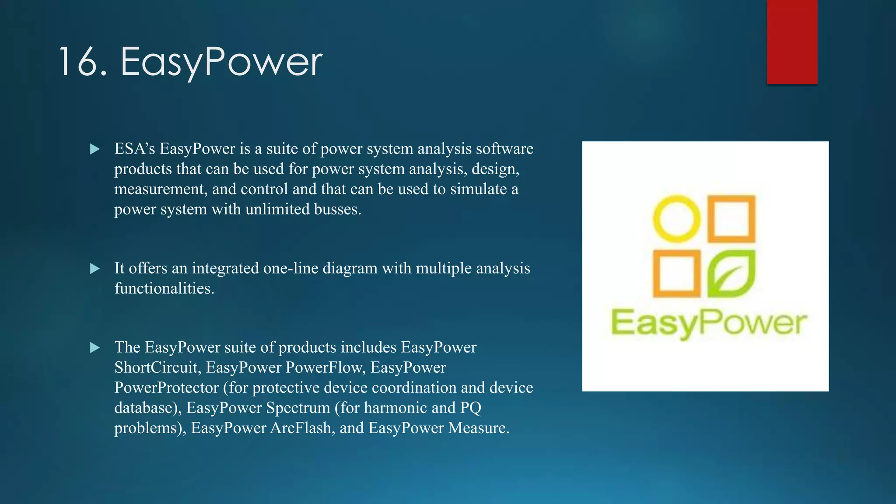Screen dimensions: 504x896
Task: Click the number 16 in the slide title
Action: pos(82,63)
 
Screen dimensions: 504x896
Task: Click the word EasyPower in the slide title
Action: pos(221,63)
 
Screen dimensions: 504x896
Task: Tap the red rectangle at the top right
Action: pos(792,42)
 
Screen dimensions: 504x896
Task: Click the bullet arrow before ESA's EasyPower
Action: pos(94,149)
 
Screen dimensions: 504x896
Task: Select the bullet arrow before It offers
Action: pos(94,269)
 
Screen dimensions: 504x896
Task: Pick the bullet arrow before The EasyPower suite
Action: pos(94,348)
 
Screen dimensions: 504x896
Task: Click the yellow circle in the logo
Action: pos(676,219)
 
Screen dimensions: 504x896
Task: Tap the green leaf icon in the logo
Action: pos(731,274)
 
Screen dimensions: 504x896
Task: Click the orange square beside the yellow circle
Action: pos(731,219)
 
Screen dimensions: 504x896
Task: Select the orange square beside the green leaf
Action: pos(676,274)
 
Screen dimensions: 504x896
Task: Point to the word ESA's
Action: pos(135,149)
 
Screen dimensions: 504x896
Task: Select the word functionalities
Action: pos(164,288)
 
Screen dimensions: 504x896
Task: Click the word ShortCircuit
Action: pos(157,367)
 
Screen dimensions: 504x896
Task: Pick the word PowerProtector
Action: pos(166,388)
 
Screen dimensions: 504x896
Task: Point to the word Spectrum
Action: pos(298,408)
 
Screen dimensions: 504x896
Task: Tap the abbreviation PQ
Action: pos(470,408)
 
